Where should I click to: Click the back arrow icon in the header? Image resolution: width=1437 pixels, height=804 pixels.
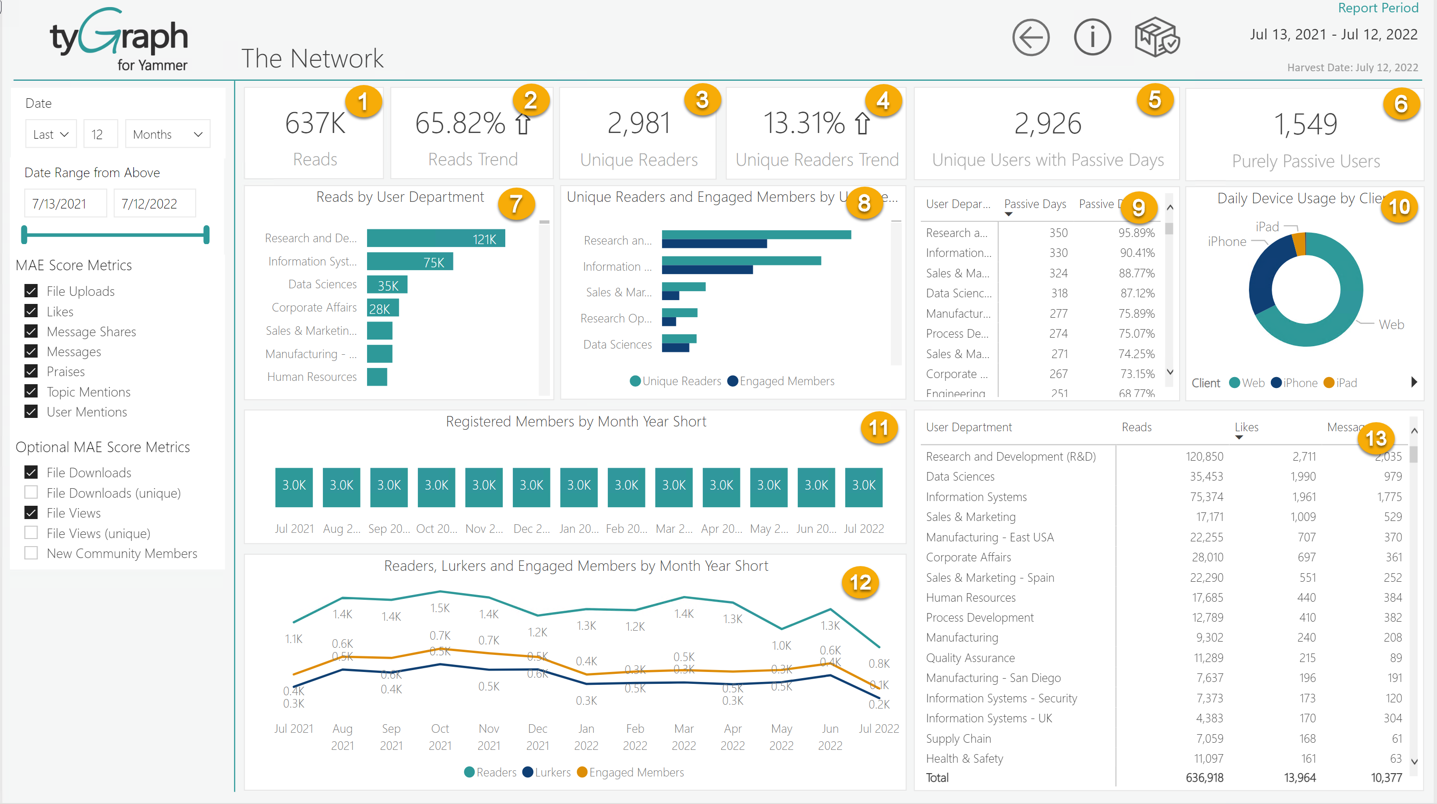(x=1030, y=38)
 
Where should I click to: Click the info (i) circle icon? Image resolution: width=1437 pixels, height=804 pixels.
(x=1092, y=38)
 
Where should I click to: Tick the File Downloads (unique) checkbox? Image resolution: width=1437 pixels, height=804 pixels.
(x=31, y=492)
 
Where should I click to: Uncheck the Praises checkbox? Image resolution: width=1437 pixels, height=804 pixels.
(x=31, y=371)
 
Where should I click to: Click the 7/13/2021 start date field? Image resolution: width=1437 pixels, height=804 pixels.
(x=65, y=204)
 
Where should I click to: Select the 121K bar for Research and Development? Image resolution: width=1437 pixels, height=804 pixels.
(x=435, y=238)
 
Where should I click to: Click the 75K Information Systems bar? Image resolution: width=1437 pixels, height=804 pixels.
(x=409, y=262)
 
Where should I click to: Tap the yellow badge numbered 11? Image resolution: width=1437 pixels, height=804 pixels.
(x=878, y=428)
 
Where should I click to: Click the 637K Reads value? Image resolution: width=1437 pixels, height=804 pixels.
(x=315, y=123)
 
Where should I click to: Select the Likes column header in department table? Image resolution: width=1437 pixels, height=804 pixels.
(x=1246, y=427)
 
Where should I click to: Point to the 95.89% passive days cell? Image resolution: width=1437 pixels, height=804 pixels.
(x=1136, y=233)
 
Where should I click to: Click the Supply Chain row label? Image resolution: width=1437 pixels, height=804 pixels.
(x=958, y=738)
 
